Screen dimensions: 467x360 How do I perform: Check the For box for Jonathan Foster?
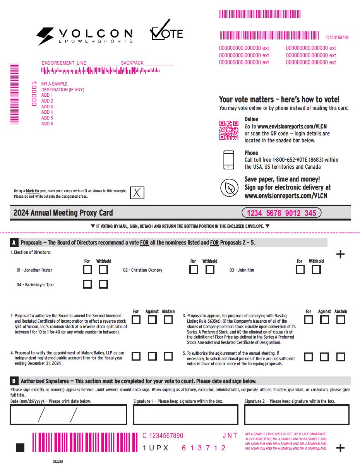(x=87, y=269)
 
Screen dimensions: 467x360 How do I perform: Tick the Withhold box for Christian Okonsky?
(x=210, y=269)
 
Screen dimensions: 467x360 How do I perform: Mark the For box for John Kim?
(x=300, y=269)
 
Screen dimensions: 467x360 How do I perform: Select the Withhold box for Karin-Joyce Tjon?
(x=103, y=284)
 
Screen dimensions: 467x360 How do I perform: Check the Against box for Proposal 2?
(x=152, y=320)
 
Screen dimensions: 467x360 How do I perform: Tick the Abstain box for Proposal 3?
(x=341, y=320)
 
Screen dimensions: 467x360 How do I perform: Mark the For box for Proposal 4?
(x=136, y=356)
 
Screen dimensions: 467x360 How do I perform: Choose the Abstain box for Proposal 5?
(x=341, y=356)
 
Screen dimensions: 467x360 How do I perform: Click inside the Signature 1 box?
(x=185, y=414)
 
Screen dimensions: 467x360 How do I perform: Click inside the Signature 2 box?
(x=297, y=414)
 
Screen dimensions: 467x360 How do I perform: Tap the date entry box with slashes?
(x=68, y=414)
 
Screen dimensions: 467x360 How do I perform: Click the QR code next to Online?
(x=229, y=130)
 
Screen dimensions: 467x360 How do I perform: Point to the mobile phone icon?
(x=229, y=159)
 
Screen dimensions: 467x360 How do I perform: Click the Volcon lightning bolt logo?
(x=45, y=36)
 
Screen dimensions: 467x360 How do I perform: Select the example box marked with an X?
(x=137, y=193)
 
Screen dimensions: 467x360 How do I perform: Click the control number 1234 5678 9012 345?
(x=281, y=213)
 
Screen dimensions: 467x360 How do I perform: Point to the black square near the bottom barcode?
(x=20, y=448)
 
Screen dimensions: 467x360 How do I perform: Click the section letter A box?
(x=14, y=243)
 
